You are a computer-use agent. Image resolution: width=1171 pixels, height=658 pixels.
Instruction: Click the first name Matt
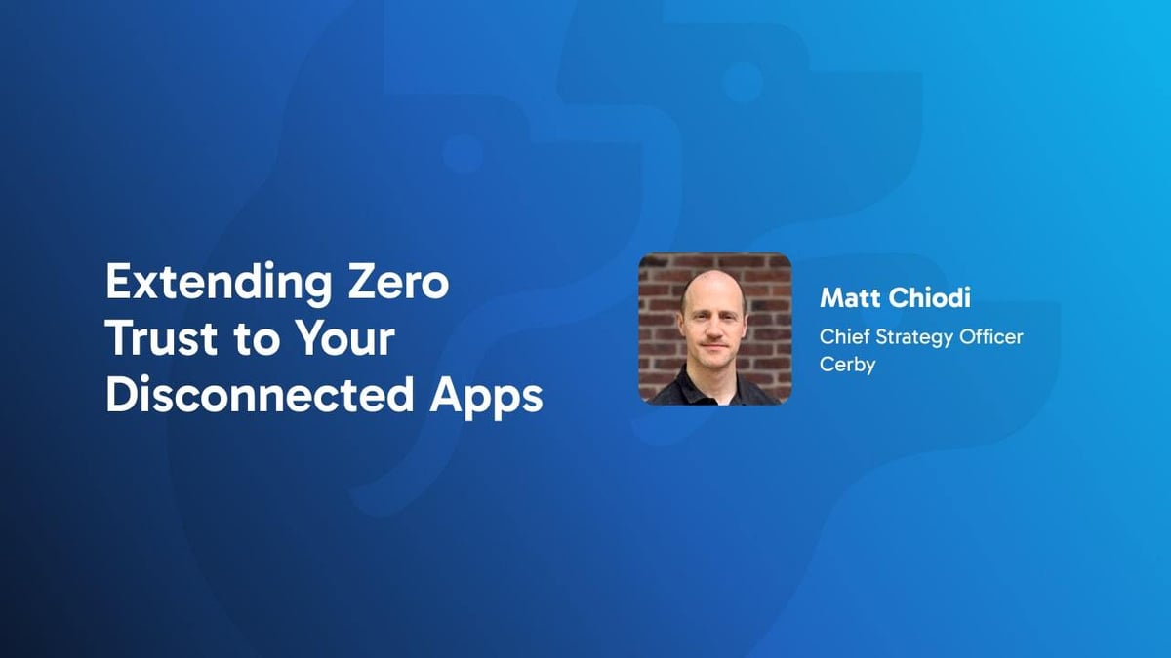pyautogui.click(x=847, y=298)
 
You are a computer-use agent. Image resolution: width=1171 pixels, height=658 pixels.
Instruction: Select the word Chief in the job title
pyautogui.click(x=842, y=336)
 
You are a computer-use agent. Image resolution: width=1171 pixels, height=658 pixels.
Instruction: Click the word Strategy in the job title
pyautogui.click(x=908, y=337)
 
